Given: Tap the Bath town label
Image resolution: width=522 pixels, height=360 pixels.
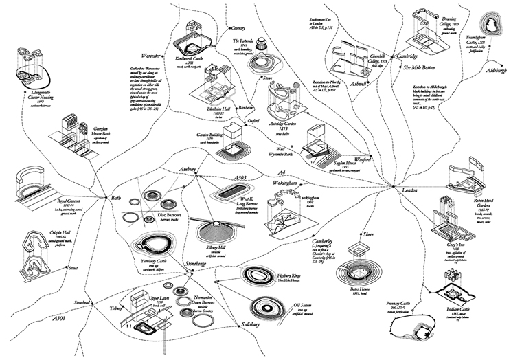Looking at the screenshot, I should pyautogui.click(x=115, y=198).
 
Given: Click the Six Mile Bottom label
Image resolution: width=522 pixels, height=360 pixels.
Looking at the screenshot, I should pyautogui.click(x=420, y=68).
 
